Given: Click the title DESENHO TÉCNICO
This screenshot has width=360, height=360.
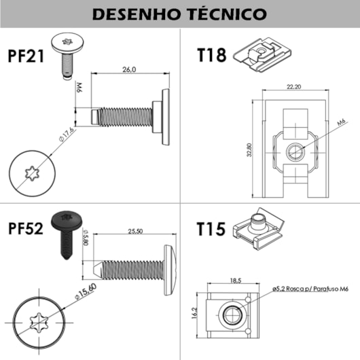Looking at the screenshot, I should [x=179, y=14].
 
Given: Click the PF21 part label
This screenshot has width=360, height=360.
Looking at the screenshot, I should [x=26, y=55].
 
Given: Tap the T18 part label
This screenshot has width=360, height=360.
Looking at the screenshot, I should [x=211, y=55].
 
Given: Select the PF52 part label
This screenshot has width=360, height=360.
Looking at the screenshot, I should [x=26, y=228].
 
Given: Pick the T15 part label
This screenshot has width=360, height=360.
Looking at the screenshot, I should [x=212, y=228].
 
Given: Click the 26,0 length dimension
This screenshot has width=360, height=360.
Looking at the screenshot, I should [x=128, y=69].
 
